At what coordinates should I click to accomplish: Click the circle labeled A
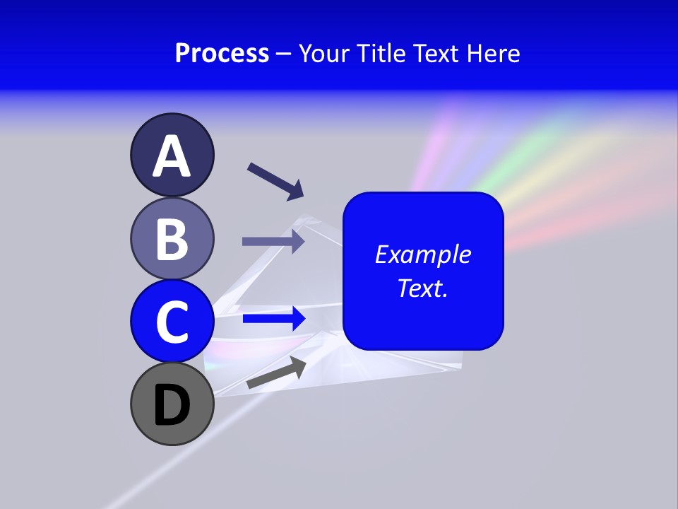click(172, 155)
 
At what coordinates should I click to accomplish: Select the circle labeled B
click(172, 238)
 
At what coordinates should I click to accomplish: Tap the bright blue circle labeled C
click(172, 321)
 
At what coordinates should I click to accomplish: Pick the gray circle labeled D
click(172, 404)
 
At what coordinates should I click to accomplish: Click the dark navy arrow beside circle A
click(275, 181)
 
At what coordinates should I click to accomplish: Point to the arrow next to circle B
click(273, 241)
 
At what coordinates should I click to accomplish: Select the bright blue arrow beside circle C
click(274, 319)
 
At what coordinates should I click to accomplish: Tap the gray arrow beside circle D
click(276, 373)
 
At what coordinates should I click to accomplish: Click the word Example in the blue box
click(423, 255)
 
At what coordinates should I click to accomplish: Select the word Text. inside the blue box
click(423, 288)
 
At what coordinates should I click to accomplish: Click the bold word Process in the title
click(222, 53)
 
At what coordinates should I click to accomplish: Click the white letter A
click(172, 156)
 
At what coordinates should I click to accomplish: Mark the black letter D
click(172, 405)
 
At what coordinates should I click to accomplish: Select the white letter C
click(172, 322)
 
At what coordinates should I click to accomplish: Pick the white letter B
click(172, 239)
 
